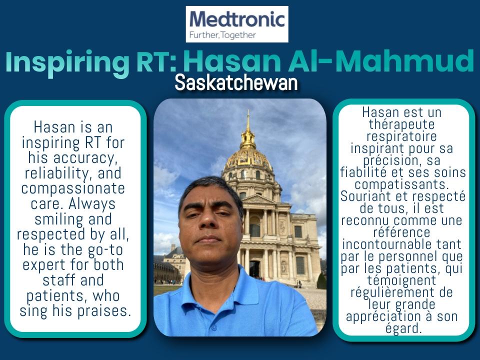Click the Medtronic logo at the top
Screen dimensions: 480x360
pos(237,24)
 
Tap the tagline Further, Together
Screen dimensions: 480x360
pos(222,35)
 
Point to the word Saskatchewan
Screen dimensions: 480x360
pos(236,83)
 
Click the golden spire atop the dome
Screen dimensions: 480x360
pos(248,128)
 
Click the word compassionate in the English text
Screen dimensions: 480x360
pos(73,188)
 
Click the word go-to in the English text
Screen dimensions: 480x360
pos(105,250)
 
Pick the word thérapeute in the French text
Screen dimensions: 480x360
pos(401,124)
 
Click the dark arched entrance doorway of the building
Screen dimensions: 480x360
pos(254,269)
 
